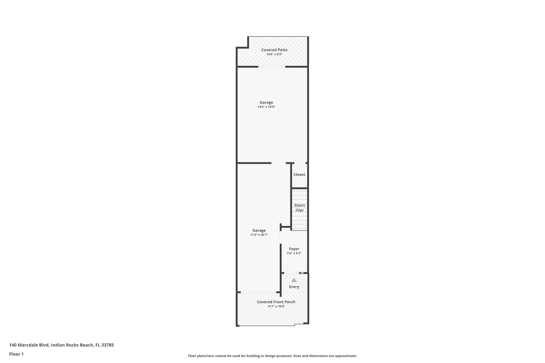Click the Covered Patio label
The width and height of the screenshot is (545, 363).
coord(274,50)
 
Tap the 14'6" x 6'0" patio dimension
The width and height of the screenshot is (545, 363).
coord(274,54)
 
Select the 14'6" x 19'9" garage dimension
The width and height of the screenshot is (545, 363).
coord(266,107)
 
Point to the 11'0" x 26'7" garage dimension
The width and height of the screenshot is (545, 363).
coord(259,235)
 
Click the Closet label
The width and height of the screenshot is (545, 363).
coord(299,175)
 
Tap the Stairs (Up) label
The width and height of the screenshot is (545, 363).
coord(299,208)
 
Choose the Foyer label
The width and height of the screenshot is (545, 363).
coord(294,249)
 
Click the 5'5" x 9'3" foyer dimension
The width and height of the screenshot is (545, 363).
coord(294,253)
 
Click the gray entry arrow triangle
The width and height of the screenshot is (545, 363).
coord(294,280)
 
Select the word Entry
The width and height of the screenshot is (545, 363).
coord(294,287)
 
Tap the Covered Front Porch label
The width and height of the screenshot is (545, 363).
coord(276,302)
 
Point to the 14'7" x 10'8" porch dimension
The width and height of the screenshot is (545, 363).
coord(276,306)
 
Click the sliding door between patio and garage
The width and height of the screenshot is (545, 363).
coord(272,67)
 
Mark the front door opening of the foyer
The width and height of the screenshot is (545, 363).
coord(292,273)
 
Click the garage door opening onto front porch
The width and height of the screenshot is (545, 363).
coord(258,292)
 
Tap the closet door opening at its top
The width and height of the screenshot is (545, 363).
coord(300,163)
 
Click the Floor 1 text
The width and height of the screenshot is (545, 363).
coord(16,354)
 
